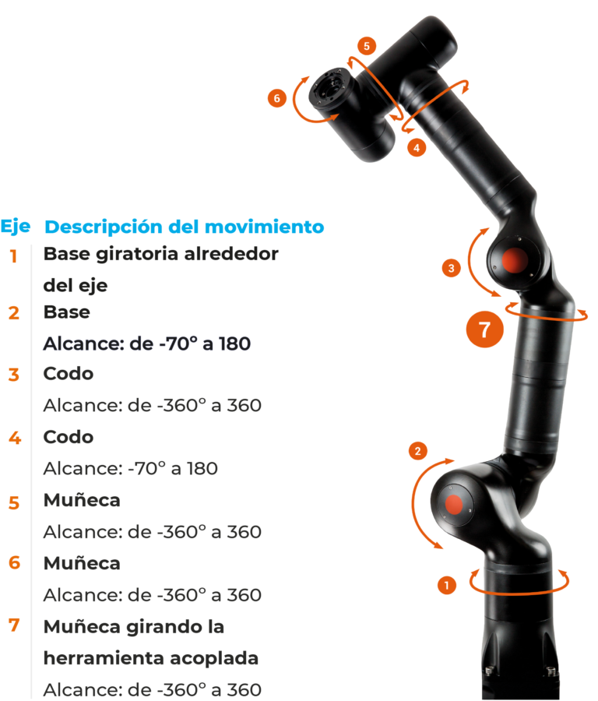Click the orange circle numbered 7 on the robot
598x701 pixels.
pos(484,329)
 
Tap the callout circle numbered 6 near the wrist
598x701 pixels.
pos(276,98)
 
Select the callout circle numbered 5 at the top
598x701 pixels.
pos(367,46)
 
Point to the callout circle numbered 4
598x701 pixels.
pos(417,147)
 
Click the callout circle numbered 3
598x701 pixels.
pos(451,268)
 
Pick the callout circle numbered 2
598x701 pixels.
pos(418,451)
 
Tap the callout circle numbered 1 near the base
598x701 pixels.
pos(446,585)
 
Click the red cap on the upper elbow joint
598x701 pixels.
pos(515,260)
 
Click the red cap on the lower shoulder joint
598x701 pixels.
pos(454,504)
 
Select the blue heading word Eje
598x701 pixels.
pos(16,227)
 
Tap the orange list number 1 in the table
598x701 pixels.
pos(14,256)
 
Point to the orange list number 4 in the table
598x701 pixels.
pos(15,438)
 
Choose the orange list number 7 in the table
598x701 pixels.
pos(14,625)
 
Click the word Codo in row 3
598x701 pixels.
pos(69,374)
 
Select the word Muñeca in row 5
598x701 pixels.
pos(82,500)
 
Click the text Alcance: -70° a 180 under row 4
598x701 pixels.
pos(131,469)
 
